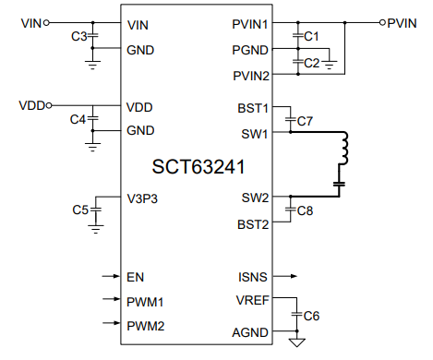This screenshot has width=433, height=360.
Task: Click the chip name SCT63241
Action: click(x=198, y=168)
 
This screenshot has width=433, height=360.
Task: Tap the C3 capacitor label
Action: click(x=78, y=36)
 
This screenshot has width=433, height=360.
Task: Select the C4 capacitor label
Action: click(x=78, y=119)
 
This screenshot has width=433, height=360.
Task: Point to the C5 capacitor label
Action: click(x=80, y=210)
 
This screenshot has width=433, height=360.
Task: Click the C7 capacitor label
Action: click(x=306, y=121)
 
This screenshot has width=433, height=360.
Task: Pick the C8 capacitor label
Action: click(x=306, y=210)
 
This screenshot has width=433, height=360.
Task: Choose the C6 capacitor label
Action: click(x=312, y=315)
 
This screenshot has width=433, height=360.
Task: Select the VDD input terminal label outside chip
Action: click(x=30, y=105)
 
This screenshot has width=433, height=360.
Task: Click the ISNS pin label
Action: click(x=253, y=275)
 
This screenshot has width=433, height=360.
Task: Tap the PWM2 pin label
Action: click(x=145, y=325)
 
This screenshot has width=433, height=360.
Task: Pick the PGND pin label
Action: click(x=249, y=49)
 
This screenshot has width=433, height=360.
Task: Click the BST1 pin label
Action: click(x=251, y=108)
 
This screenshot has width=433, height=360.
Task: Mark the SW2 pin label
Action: click(x=254, y=198)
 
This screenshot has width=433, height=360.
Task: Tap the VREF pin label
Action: click(x=251, y=300)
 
